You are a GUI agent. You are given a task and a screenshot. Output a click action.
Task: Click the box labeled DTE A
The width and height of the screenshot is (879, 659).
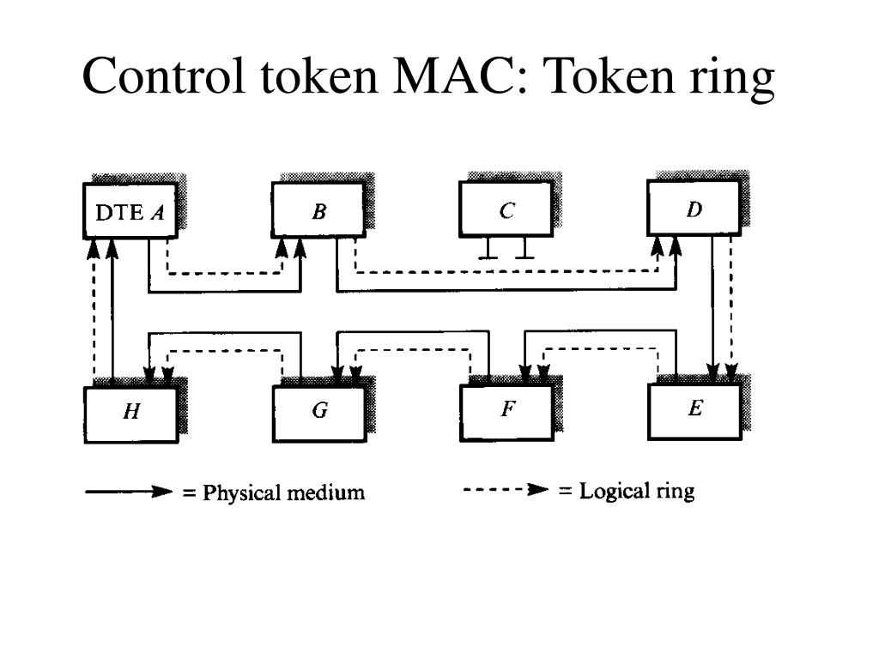pyautogui.click(x=130, y=210)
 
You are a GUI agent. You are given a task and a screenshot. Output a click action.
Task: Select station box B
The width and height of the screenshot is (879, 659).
pyautogui.click(x=318, y=210)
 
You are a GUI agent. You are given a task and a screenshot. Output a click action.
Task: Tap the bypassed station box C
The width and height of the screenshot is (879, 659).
pyautogui.click(x=506, y=209)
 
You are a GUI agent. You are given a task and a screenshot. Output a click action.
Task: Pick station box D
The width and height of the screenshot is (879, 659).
pyautogui.click(x=694, y=209)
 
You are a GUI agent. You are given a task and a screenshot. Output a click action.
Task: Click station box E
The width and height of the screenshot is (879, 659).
pyautogui.click(x=694, y=409)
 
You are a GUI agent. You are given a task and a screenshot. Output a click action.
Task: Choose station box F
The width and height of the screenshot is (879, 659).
pyautogui.click(x=507, y=411)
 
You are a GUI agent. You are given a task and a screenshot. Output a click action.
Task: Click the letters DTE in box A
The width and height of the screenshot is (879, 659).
pyautogui.click(x=118, y=212)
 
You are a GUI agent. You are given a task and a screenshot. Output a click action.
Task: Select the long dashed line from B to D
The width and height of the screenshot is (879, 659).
pyautogui.click(x=506, y=273)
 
